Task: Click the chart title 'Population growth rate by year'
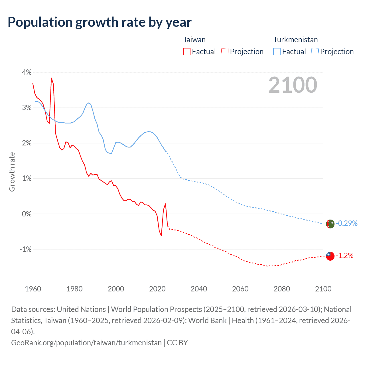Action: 100,22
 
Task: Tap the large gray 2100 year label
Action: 293,85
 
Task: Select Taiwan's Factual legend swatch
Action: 187,52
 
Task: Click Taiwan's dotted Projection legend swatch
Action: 225,52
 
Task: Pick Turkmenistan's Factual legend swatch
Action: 277,52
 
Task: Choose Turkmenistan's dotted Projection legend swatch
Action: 315,52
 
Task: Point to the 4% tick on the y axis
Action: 27,72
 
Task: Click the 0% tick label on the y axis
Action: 27,214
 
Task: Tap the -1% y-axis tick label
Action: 25,249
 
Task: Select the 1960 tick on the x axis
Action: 33,289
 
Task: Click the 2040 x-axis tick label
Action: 199,289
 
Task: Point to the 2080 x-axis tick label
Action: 282,289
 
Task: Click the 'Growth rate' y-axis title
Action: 12,172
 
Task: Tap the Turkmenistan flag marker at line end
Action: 330,224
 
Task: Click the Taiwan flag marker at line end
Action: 330,256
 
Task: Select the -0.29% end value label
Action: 346,223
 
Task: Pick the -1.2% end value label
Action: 344,256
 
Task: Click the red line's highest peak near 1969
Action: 51,78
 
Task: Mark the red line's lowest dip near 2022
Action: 161,236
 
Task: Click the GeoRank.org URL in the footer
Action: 86,342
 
